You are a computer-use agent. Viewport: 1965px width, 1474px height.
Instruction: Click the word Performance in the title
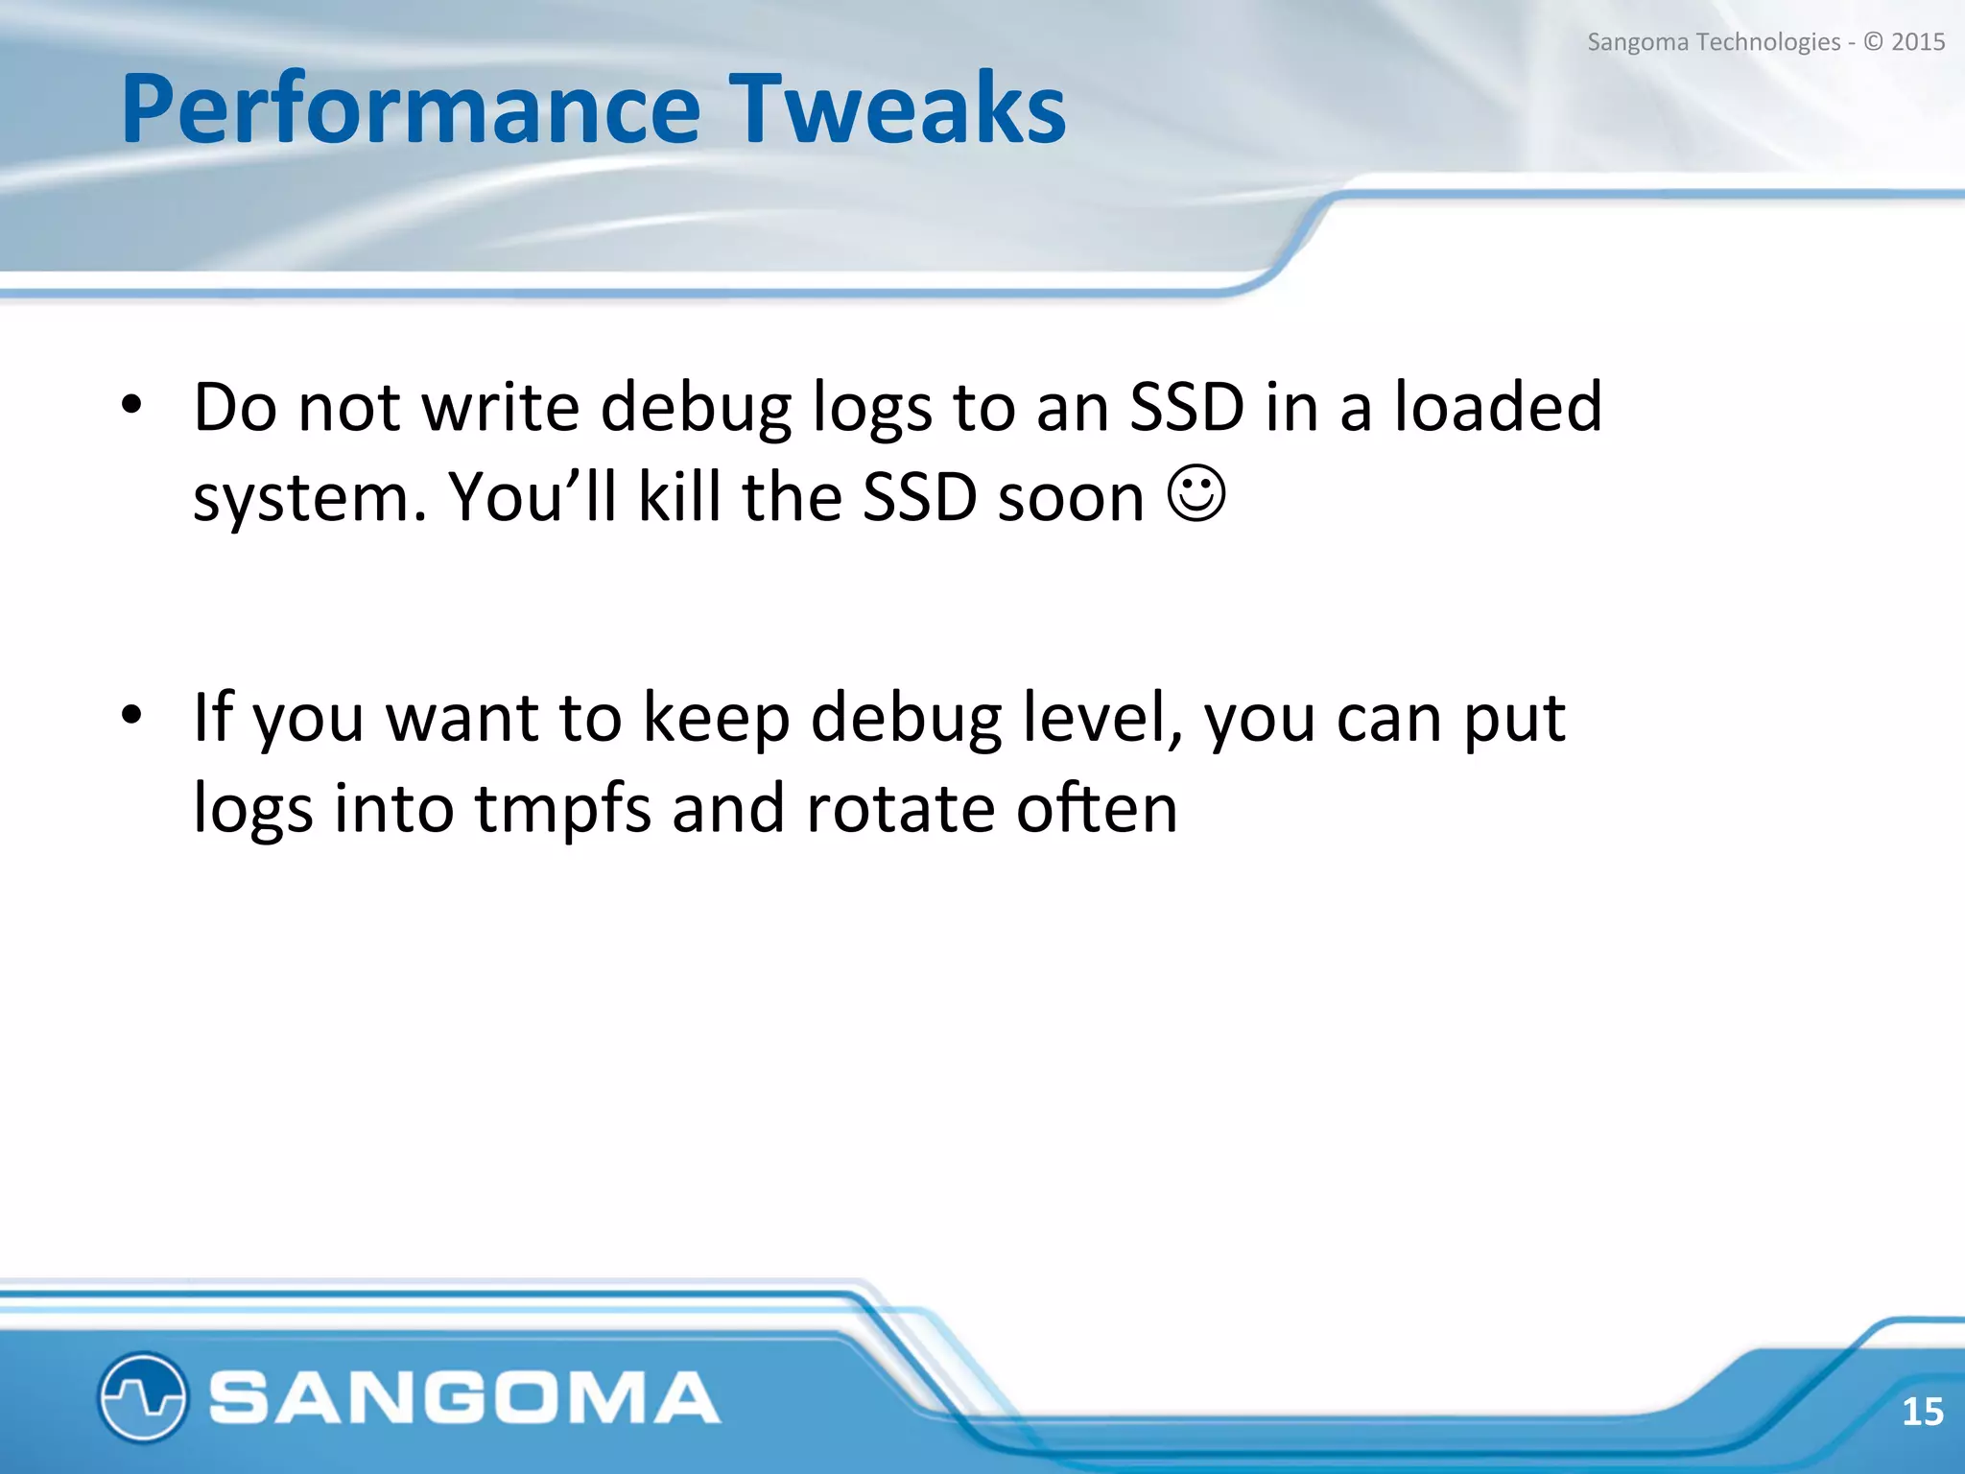[x=411, y=111]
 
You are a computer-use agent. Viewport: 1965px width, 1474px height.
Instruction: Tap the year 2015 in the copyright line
[x=1918, y=42]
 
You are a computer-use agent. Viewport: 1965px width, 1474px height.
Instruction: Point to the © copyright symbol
[x=1873, y=42]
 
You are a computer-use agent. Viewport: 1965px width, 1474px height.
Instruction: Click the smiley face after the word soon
[x=1196, y=494]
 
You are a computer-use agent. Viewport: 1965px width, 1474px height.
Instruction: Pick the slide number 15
[x=1922, y=1412]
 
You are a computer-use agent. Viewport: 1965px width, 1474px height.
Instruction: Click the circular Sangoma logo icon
[x=142, y=1396]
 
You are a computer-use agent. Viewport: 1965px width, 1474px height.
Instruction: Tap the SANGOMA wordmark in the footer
[x=464, y=1397]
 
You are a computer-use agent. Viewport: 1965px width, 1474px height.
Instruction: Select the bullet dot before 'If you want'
[x=131, y=715]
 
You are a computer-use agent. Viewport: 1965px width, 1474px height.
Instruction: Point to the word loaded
[x=1498, y=407]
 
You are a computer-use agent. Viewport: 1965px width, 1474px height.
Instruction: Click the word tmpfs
[x=563, y=808]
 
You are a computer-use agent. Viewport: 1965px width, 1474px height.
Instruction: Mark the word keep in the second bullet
[x=716, y=718]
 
